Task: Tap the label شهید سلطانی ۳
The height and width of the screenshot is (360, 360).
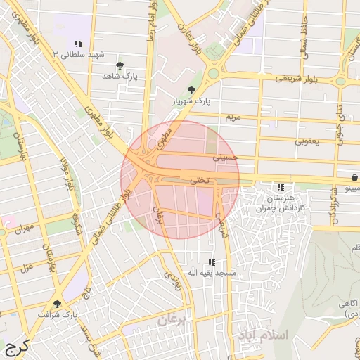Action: (x=82, y=54)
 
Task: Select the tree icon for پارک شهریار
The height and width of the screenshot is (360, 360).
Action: (x=191, y=90)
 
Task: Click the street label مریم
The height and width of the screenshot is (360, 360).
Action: (x=232, y=116)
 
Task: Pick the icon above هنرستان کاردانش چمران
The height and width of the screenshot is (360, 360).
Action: (x=281, y=187)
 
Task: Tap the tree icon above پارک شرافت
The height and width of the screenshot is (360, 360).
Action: (x=57, y=304)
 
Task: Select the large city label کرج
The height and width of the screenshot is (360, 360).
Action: (x=16, y=347)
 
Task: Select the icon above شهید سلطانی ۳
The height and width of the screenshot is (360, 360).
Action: (x=77, y=44)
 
